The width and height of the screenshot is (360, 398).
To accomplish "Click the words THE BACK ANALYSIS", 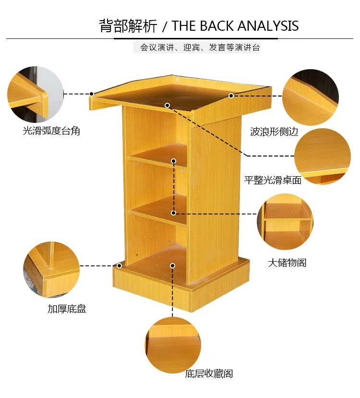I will click(235, 26).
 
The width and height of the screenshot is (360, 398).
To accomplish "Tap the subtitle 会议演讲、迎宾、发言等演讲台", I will click(200, 48).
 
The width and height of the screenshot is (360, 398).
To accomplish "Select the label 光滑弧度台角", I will click(51, 131).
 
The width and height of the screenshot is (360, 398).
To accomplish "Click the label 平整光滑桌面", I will click(273, 181).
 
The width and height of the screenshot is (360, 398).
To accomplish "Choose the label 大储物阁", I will click(287, 263).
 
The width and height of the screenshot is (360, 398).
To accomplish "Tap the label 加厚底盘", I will click(67, 309).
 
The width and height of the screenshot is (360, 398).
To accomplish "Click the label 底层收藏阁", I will click(209, 374).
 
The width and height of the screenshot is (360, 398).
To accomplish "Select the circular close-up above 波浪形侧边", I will click(310, 97).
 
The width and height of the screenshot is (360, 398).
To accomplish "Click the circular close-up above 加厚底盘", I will click(51, 269).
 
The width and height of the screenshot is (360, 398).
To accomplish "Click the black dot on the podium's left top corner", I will click(92, 94).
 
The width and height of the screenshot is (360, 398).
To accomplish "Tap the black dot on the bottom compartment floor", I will click(172, 265).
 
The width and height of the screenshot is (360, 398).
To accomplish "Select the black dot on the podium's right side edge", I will click(231, 96).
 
